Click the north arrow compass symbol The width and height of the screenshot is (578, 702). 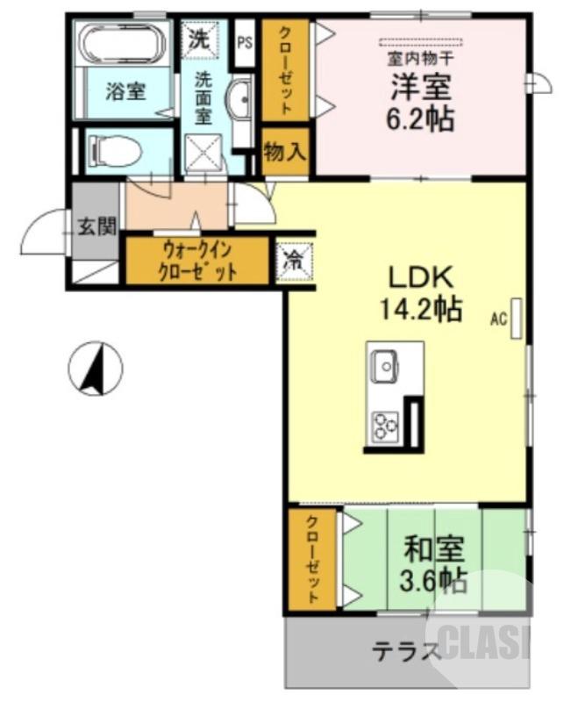pyautogui.click(x=96, y=369)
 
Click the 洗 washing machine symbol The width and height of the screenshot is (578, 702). pyautogui.click(x=200, y=39)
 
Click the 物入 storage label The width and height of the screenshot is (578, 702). pyautogui.click(x=285, y=152)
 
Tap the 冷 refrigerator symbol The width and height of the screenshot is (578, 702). pyautogui.click(x=291, y=260)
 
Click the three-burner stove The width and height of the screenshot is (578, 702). pyautogui.click(x=385, y=426)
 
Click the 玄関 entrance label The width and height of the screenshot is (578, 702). pyautogui.click(x=97, y=226)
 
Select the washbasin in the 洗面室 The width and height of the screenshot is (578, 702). pyautogui.click(x=240, y=101)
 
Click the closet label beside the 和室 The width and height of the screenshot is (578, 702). pyautogui.click(x=312, y=559)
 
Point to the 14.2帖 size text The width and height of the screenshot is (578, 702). pyautogui.click(x=421, y=309)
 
